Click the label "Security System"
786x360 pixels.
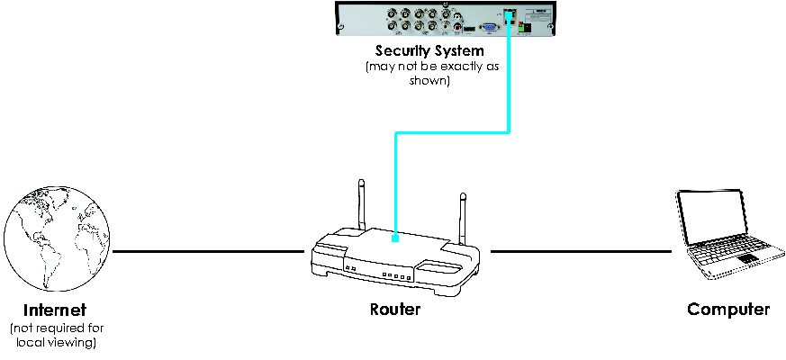(429, 50)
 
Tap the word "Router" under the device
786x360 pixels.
(395, 310)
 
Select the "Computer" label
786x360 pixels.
(727, 310)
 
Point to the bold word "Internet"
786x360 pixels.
(55, 310)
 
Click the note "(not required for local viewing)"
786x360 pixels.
(56, 336)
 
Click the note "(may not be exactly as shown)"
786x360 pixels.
(432, 73)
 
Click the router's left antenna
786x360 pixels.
(361, 204)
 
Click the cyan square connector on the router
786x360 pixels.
(395, 239)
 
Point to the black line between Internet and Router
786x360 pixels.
(209, 251)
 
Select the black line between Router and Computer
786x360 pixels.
(581, 251)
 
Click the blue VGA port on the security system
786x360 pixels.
(489, 28)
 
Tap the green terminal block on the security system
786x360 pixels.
(524, 28)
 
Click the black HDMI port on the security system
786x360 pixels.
(469, 30)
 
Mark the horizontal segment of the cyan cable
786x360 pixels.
(452, 133)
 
